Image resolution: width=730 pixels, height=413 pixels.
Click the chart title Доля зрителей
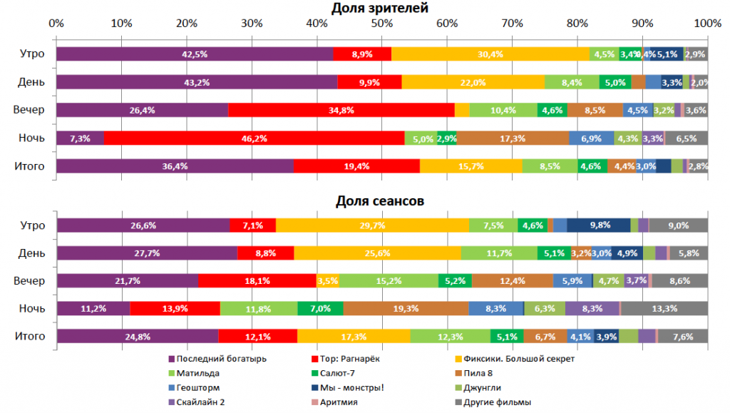click(x=380, y=8)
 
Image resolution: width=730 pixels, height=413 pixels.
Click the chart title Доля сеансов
click(x=380, y=201)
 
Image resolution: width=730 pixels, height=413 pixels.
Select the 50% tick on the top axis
click(x=381, y=23)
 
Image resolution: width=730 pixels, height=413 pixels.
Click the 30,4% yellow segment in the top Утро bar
click(x=490, y=54)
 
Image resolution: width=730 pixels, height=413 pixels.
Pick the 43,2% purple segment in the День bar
click(x=196, y=82)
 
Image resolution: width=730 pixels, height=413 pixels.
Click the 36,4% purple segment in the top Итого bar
click(x=174, y=166)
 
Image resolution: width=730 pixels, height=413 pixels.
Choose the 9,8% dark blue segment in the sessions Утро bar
click(x=598, y=225)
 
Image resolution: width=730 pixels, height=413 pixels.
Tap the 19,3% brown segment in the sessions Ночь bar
click(x=406, y=308)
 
